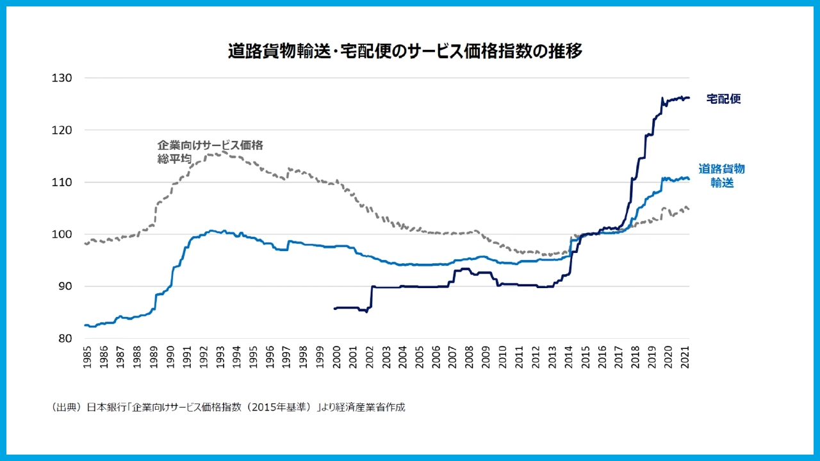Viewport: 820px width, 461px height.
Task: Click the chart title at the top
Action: [x=405, y=51]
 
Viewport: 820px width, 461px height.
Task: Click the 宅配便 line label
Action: [x=723, y=99]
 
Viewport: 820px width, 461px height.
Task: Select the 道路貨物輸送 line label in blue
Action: [x=721, y=175]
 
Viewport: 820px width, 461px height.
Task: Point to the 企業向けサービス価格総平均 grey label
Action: [x=210, y=151]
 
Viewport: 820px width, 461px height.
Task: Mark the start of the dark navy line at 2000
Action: [x=335, y=308]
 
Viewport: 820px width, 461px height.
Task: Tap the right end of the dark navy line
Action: [x=689, y=98]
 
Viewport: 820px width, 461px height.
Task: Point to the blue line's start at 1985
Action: [x=85, y=325]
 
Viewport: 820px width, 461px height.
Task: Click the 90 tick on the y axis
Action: [x=64, y=286]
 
